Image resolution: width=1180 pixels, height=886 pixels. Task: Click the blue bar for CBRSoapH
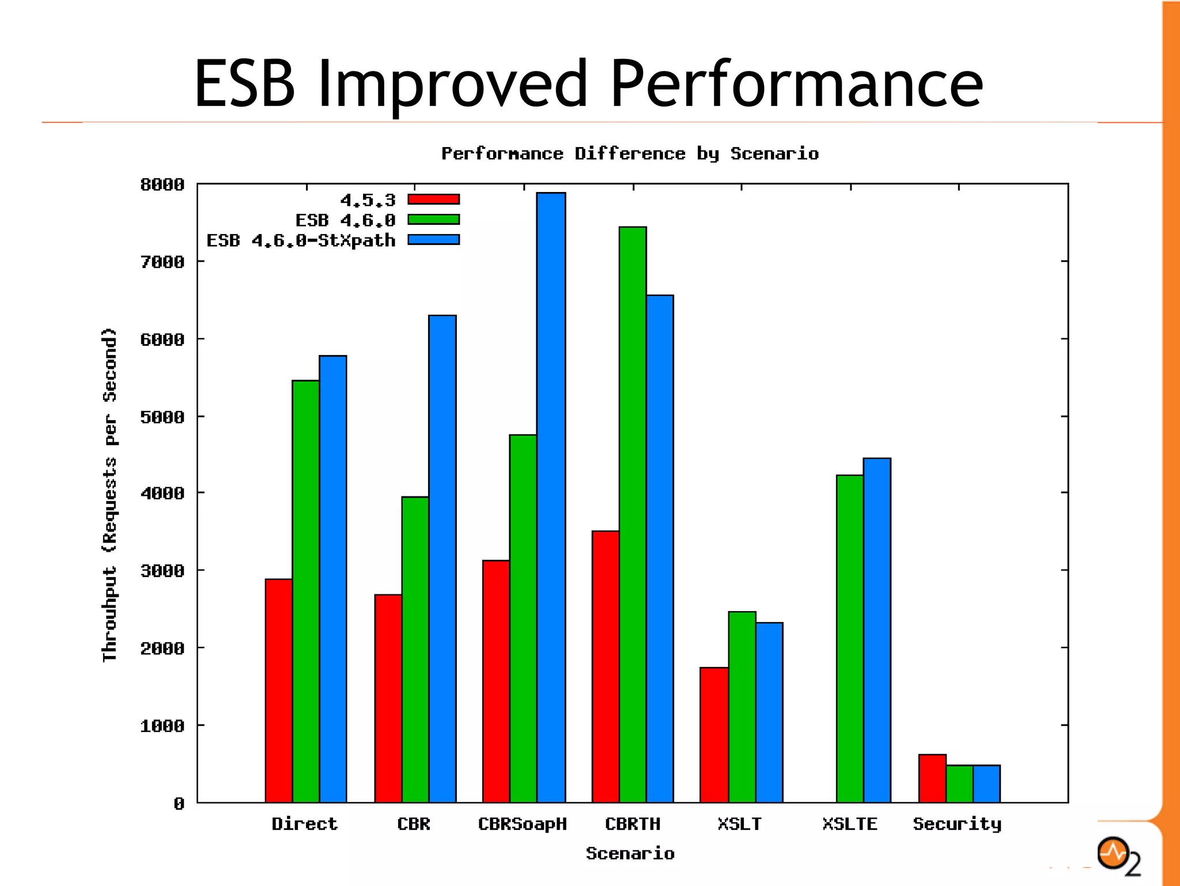click(551, 497)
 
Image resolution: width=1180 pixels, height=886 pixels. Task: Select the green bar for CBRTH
click(633, 514)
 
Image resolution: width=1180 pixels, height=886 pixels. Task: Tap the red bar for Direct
click(279, 690)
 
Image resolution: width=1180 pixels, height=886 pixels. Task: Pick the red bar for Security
click(932, 778)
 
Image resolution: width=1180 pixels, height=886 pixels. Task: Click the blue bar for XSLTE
click(877, 630)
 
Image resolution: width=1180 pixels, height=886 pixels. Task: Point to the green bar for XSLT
click(742, 707)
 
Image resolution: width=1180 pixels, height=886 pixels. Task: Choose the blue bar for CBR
click(442, 558)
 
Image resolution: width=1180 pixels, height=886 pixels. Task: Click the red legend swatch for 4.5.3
click(433, 199)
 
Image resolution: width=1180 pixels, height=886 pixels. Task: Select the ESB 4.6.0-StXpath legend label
click(301, 240)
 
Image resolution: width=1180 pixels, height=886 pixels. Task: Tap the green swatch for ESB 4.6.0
click(433, 220)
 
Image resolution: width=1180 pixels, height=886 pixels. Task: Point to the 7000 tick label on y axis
click(162, 262)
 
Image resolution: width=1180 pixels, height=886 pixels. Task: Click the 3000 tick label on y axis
click(162, 571)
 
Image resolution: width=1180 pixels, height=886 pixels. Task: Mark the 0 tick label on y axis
click(179, 804)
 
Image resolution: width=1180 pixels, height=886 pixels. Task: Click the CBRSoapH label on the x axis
click(522, 824)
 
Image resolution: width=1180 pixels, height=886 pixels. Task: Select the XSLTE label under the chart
click(849, 824)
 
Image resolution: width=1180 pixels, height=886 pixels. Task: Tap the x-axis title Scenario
click(630, 853)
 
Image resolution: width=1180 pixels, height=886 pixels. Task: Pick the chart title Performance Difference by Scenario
click(630, 153)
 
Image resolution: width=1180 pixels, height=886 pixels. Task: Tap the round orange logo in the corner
click(1113, 853)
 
